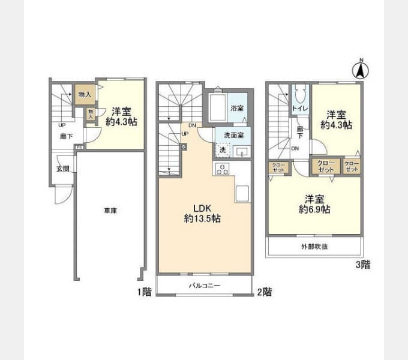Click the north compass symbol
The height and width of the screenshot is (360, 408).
tap(361, 69)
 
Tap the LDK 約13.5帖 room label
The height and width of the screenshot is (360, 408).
tap(202, 213)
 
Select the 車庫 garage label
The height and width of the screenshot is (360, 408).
tap(110, 211)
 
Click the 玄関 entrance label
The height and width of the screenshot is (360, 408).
tap(63, 169)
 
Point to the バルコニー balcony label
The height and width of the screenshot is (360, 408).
tap(205, 286)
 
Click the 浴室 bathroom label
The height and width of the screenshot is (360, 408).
tap(237, 108)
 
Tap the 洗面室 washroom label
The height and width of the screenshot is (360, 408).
tap(233, 135)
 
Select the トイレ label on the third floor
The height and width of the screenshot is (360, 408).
tap(300, 108)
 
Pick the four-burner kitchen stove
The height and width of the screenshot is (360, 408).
tap(222, 169)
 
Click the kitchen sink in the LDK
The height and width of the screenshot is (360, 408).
tap(242, 193)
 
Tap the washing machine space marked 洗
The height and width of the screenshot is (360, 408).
tap(223, 150)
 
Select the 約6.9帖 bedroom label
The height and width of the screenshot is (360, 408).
tap(314, 204)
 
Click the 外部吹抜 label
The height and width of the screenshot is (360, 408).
tap(314, 247)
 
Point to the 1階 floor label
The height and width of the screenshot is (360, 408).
tap(145, 292)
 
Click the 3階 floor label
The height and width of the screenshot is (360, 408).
tap(363, 265)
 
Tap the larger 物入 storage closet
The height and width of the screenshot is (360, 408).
tap(85, 94)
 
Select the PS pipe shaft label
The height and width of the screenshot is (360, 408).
tap(79, 147)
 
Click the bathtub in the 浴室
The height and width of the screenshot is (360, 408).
tap(218, 107)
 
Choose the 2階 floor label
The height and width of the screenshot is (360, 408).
tap(265, 292)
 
